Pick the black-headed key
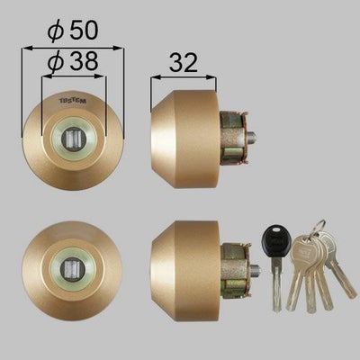tap(274, 240)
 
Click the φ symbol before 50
tap(56, 29)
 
